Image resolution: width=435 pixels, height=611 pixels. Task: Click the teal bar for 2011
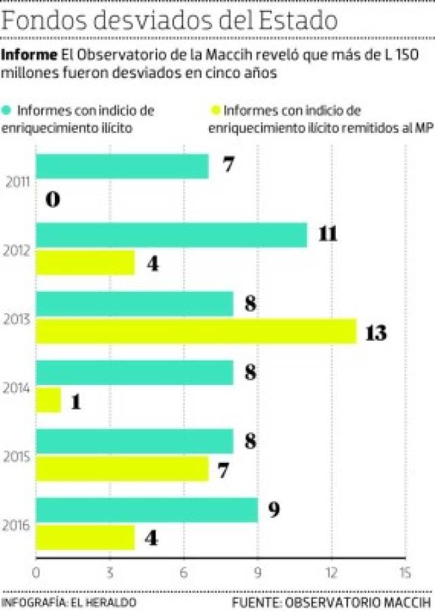(x=122, y=166)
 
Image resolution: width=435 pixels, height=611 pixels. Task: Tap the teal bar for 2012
(x=171, y=235)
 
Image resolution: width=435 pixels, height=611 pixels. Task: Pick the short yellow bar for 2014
(x=48, y=401)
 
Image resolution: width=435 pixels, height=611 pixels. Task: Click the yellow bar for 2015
(x=122, y=469)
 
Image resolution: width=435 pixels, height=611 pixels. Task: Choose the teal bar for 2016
(x=147, y=509)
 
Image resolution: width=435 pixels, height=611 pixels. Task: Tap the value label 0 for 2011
(x=54, y=200)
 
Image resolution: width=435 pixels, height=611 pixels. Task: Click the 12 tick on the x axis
(x=331, y=572)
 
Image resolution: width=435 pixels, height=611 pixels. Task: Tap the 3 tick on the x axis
(x=109, y=572)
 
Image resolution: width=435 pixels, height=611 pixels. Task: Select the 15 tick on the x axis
(x=404, y=572)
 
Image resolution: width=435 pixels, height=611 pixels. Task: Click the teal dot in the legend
(x=7, y=109)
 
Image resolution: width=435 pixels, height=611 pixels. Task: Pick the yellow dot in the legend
(x=216, y=109)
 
